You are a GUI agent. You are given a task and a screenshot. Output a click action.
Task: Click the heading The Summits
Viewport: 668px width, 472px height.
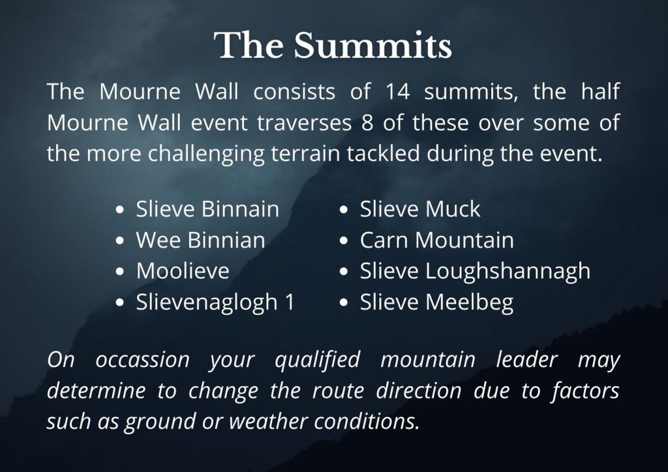click(333, 45)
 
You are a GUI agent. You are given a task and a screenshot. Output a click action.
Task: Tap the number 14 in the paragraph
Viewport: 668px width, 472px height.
click(397, 91)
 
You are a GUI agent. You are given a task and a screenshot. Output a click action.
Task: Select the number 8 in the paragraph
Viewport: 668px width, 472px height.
click(367, 123)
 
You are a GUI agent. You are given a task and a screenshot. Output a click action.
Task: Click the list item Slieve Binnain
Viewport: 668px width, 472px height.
click(207, 209)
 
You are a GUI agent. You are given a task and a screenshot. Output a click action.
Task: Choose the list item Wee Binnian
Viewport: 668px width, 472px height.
click(201, 240)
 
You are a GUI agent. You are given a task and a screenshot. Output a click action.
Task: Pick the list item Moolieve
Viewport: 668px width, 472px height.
click(183, 271)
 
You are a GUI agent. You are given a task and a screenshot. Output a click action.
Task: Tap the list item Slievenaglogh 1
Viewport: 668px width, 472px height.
click(215, 302)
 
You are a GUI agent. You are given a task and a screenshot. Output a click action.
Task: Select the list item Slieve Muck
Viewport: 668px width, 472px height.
click(420, 209)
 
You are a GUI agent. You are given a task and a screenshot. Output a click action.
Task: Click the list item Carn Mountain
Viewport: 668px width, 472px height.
click(436, 240)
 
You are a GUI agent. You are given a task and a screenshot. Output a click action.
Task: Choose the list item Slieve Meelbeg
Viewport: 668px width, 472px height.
click(436, 302)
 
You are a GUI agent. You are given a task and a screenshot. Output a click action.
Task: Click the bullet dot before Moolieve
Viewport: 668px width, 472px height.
click(120, 272)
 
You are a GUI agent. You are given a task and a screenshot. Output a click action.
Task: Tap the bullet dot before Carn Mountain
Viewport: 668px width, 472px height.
click(344, 241)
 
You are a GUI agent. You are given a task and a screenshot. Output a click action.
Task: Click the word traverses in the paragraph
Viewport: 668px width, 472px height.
click(305, 123)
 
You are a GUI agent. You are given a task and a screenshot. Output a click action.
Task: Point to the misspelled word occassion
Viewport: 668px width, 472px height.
click(142, 360)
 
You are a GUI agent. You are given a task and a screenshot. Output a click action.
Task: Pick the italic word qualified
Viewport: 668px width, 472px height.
click(318, 361)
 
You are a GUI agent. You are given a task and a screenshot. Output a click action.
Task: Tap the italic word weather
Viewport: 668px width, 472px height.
click(268, 422)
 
